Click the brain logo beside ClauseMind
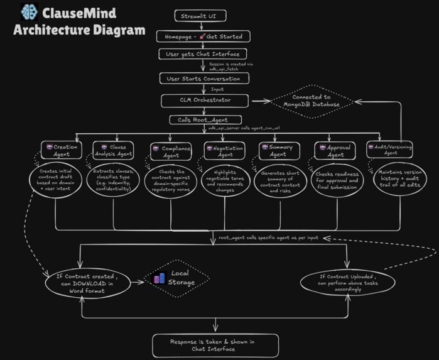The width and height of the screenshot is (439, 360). point(28,11)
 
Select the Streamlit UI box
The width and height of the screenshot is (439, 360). point(200,16)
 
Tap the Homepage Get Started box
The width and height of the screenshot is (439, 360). point(203,36)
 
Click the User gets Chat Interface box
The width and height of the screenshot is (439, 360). point(203,54)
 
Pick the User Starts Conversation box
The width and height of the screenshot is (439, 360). point(203,79)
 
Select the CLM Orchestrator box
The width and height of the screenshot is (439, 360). point(205,100)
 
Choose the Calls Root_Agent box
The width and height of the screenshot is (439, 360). point(205,119)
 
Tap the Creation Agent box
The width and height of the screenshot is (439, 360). point(60,150)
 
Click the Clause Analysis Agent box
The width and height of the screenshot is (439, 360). point(113,150)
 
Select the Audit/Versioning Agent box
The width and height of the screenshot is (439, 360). point(390,150)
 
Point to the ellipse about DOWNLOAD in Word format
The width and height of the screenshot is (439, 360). point(80,284)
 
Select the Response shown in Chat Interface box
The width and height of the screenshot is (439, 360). point(215,345)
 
